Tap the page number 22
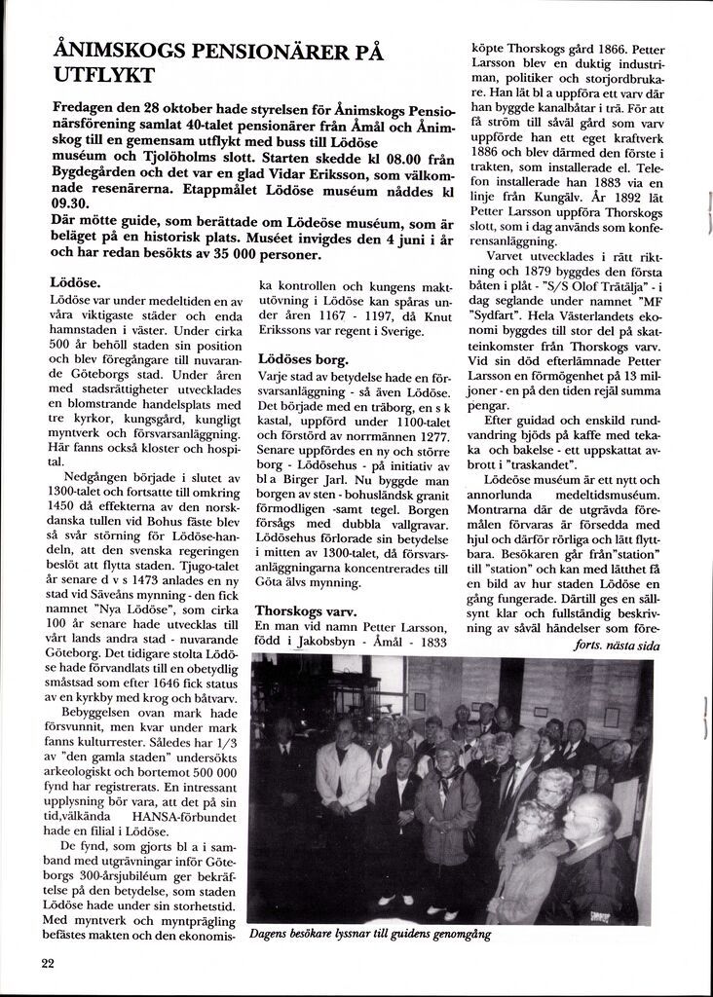point(48,963)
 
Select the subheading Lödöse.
point(75,283)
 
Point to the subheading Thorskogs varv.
point(305,610)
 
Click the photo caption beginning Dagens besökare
point(369,935)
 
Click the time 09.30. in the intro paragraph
point(69,203)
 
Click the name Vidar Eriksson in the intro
point(304,172)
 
